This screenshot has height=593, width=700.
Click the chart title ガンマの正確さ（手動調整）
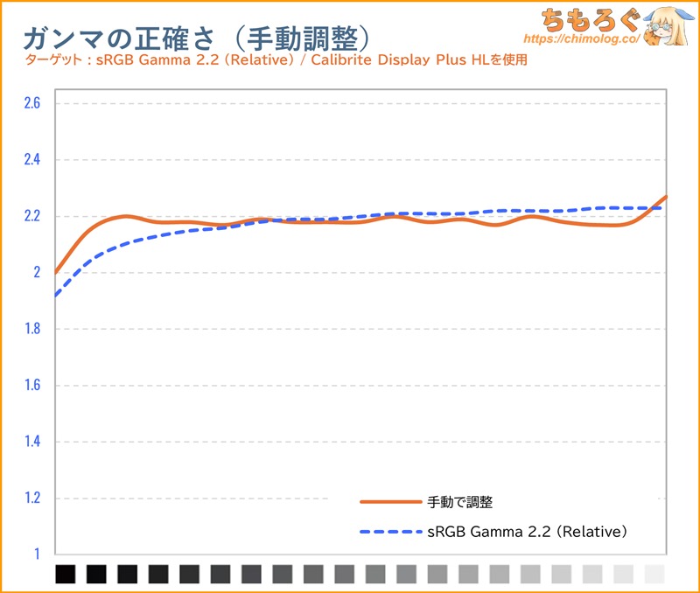click(x=196, y=37)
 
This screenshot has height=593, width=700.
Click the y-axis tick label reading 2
click(x=36, y=273)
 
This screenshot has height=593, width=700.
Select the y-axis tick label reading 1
click(x=37, y=555)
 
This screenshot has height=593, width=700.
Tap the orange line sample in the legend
click(x=390, y=502)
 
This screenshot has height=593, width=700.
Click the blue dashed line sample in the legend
click(x=390, y=531)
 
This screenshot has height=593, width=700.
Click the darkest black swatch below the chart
click(x=66, y=574)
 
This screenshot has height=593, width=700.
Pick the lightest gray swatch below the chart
click(x=654, y=574)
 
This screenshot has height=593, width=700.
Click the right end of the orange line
click(x=666, y=197)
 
